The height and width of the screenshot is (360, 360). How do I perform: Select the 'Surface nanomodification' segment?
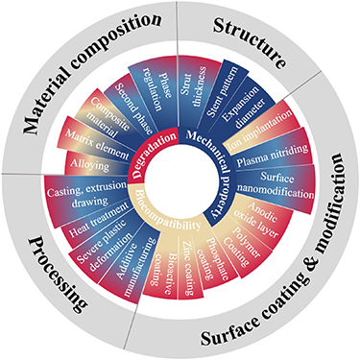point(280,185)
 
